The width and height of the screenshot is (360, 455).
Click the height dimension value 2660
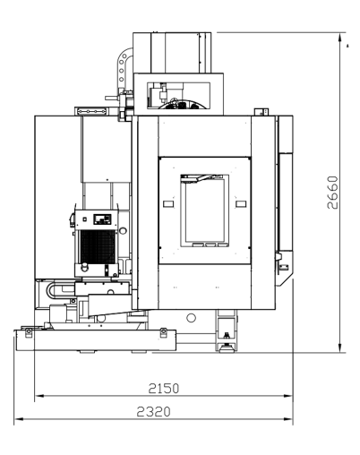click(x=332, y=193)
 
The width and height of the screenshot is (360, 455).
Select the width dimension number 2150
click(x=164, y=388)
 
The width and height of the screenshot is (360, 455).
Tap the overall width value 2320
click(x=154, y=412)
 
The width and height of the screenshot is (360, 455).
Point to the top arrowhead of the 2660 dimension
click(x=339, y=38)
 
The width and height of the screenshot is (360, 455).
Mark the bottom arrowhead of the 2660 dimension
click(x=339, y=347)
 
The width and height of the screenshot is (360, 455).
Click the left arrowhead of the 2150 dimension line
click(x=39, y=396)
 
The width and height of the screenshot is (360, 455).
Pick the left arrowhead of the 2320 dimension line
click(x=19, y=419)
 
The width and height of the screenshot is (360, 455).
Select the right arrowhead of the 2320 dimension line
click(x=287, y=419)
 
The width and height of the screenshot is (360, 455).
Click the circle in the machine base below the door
click(x=191, y=318)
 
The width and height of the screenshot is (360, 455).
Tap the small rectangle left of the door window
click(x=168, y=204)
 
